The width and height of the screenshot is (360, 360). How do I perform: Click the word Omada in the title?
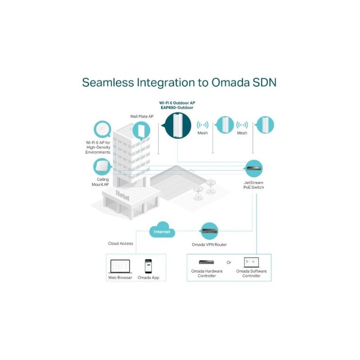[230, 82]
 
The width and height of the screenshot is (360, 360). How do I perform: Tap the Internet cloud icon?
[162, 230]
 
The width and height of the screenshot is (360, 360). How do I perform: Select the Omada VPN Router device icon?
[209, 231]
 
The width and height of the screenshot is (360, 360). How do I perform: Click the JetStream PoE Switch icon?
[253, 168]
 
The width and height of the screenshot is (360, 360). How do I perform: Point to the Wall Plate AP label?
[142, 117]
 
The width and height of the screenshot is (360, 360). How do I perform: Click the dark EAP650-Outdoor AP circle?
[178, 126]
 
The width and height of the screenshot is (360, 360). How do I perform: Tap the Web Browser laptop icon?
[120, 266]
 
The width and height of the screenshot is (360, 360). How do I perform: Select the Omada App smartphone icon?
[148, 266]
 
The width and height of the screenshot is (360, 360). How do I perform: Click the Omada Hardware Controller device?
[207, 262]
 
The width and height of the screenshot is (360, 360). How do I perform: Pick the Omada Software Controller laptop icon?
[251, 262]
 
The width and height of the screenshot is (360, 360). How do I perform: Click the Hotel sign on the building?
[122, 195]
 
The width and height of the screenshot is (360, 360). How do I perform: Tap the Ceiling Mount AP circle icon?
[102, 167]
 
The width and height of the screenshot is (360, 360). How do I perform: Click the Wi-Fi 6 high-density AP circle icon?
[103, 129]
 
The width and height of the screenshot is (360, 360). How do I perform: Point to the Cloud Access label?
[121, 243]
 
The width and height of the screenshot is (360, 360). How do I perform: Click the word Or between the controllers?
[229, 262]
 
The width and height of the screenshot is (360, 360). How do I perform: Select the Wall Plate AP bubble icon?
[141, 131]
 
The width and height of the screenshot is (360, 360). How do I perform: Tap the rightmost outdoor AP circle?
[265, 125]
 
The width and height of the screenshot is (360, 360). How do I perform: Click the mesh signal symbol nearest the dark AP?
[202, 125]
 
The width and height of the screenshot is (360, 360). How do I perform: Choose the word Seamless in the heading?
[108, 82]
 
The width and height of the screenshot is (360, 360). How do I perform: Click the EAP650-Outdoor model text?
[177, 108]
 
